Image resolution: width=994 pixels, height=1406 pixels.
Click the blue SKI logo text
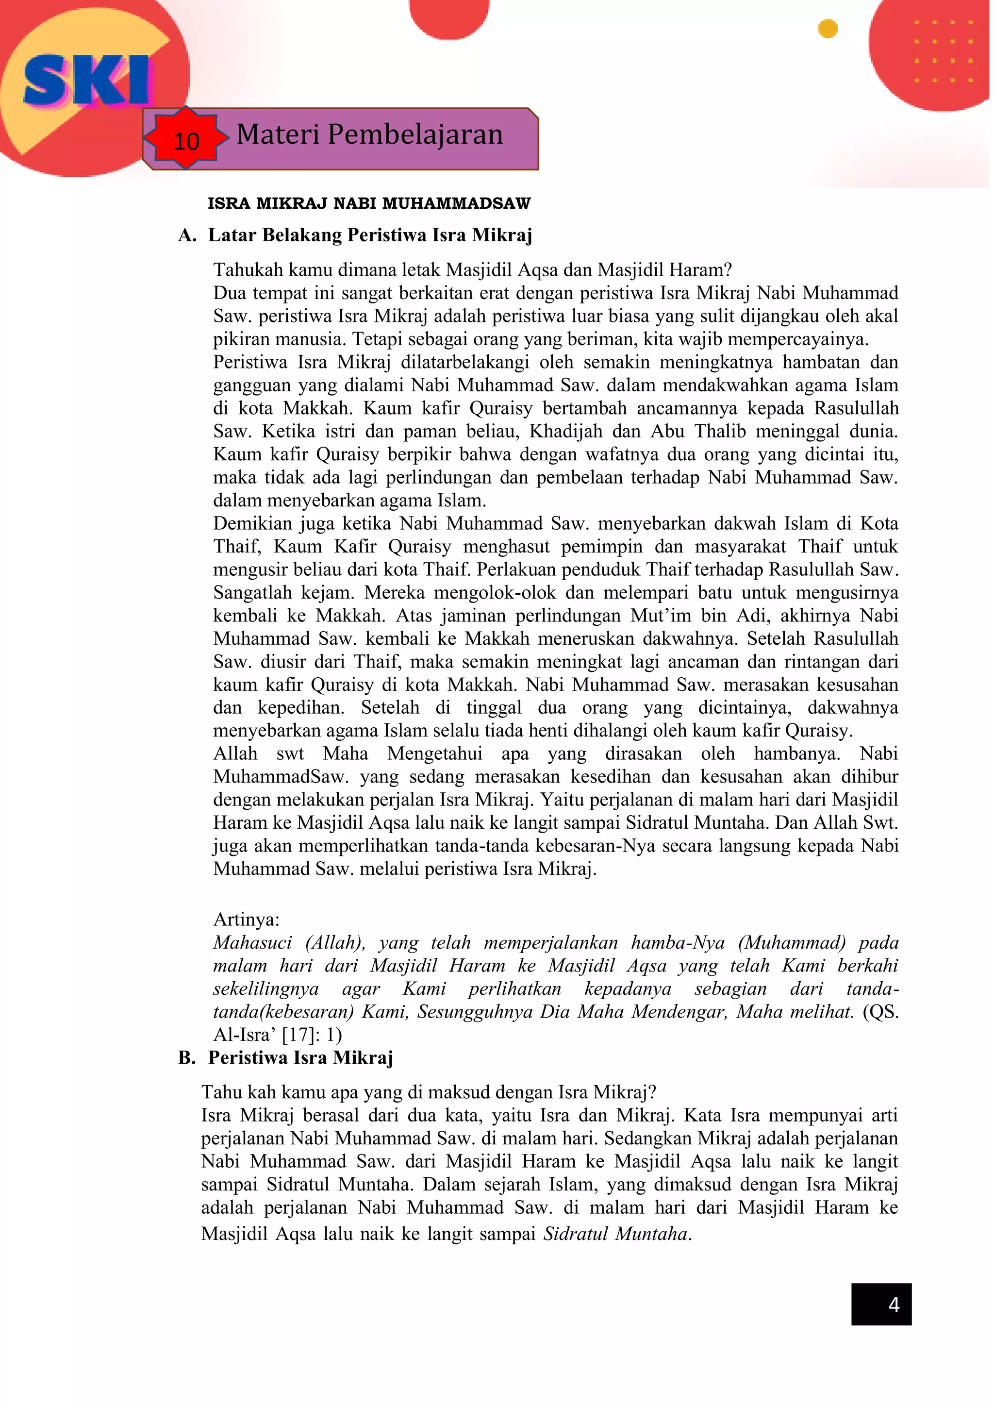tap(86, 80)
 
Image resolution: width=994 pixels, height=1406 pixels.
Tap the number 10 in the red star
tap(186, 141)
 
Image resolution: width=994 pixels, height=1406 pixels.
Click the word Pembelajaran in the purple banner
tap(415, 134)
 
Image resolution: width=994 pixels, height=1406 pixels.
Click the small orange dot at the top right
tap(828, 29)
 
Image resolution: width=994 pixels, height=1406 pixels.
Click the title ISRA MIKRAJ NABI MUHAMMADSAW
tap(368, 203)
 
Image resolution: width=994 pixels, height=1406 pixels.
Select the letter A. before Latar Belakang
tap(187, 235)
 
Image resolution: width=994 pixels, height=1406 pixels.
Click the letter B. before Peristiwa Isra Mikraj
tap(187, 1057)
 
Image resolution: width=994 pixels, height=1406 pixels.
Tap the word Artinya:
tap(246, 919)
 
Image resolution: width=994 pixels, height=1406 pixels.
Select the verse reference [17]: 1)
tap(312, 1035)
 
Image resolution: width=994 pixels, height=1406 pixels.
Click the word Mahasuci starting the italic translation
tap(252, 942)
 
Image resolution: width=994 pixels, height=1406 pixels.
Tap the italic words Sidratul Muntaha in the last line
tap(617, 1233)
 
